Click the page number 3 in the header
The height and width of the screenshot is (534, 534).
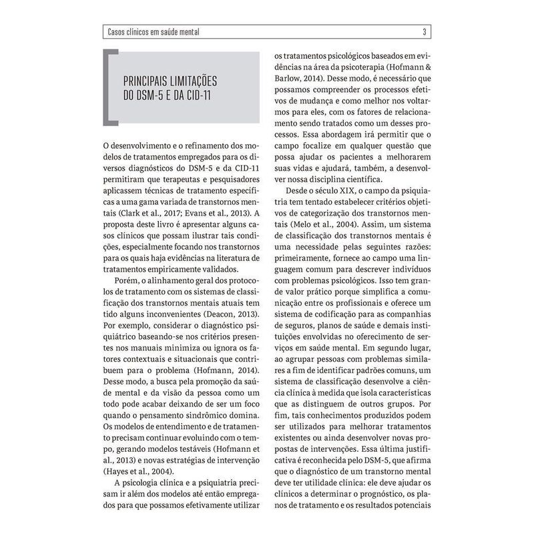(x=425, y=31)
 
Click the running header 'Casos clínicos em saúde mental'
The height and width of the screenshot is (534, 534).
(x=153, y=31)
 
